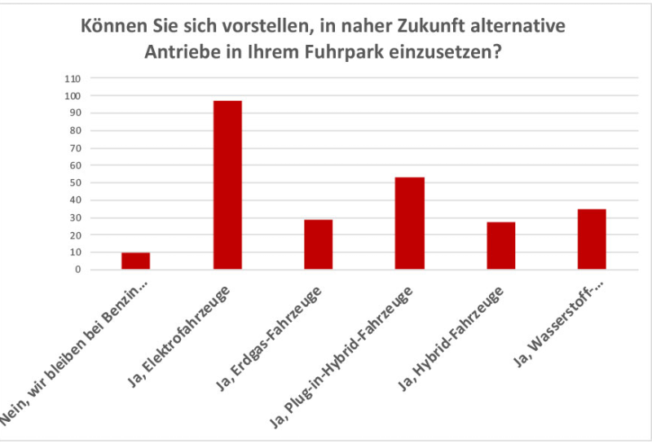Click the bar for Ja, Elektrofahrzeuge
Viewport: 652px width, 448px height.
click(227, 185)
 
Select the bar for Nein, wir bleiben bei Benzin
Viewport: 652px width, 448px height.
click(136, 261)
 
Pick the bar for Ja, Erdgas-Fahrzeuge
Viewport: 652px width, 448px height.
click(318, 244)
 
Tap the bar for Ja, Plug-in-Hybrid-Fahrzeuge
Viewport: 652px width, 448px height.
click(409, 223)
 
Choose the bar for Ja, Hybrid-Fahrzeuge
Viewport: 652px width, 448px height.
click(500, 245)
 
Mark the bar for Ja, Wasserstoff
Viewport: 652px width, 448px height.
click(592, 239)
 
